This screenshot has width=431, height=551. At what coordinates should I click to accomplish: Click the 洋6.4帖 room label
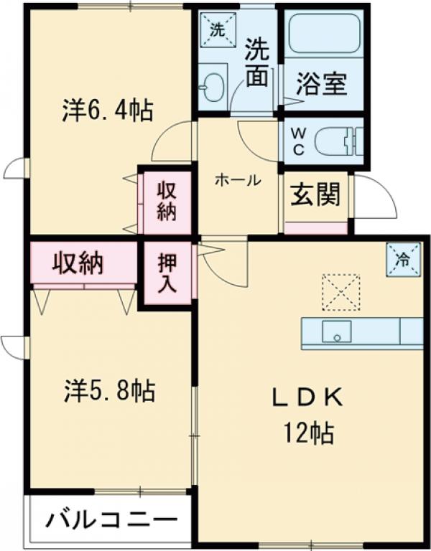click(107, 112)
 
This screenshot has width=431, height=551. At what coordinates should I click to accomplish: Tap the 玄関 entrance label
click(315, 195)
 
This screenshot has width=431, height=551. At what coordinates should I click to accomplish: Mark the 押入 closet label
click(167, 273)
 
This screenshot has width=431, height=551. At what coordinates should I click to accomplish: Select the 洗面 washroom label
click(256, 62)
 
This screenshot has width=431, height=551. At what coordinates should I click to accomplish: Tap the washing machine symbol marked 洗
click(218, 30)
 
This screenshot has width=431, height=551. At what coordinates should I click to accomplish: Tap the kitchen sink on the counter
click(336, 331)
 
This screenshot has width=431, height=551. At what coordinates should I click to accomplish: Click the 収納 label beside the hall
click(167, 202)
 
